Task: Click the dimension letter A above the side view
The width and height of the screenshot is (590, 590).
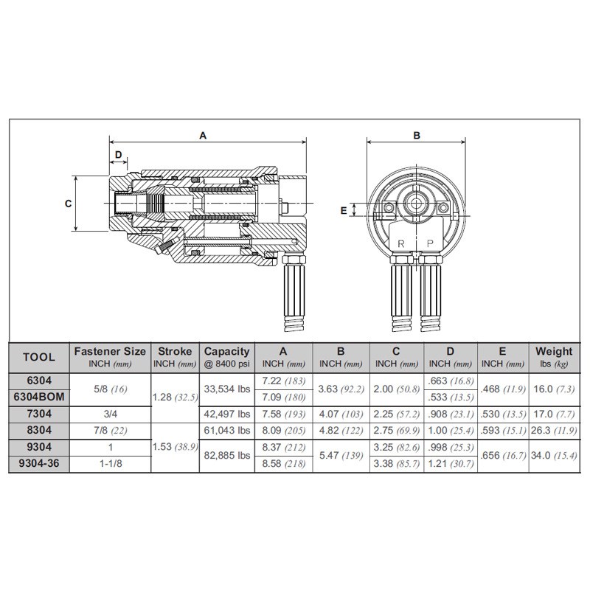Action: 203,135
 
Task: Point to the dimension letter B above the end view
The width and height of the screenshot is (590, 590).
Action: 416,135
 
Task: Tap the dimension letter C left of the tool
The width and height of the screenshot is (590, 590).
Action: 68,204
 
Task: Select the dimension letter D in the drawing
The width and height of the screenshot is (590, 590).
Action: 118,153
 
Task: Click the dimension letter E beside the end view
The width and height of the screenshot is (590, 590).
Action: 343,210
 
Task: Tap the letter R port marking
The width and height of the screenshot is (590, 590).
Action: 401,243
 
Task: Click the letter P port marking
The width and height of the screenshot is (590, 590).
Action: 430,243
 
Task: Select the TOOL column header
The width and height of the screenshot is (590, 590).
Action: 39,357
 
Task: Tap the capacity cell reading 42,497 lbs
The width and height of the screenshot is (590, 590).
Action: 226,414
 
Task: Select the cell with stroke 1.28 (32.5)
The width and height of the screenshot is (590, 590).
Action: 174,397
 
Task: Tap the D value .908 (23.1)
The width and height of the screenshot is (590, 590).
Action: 451,414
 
